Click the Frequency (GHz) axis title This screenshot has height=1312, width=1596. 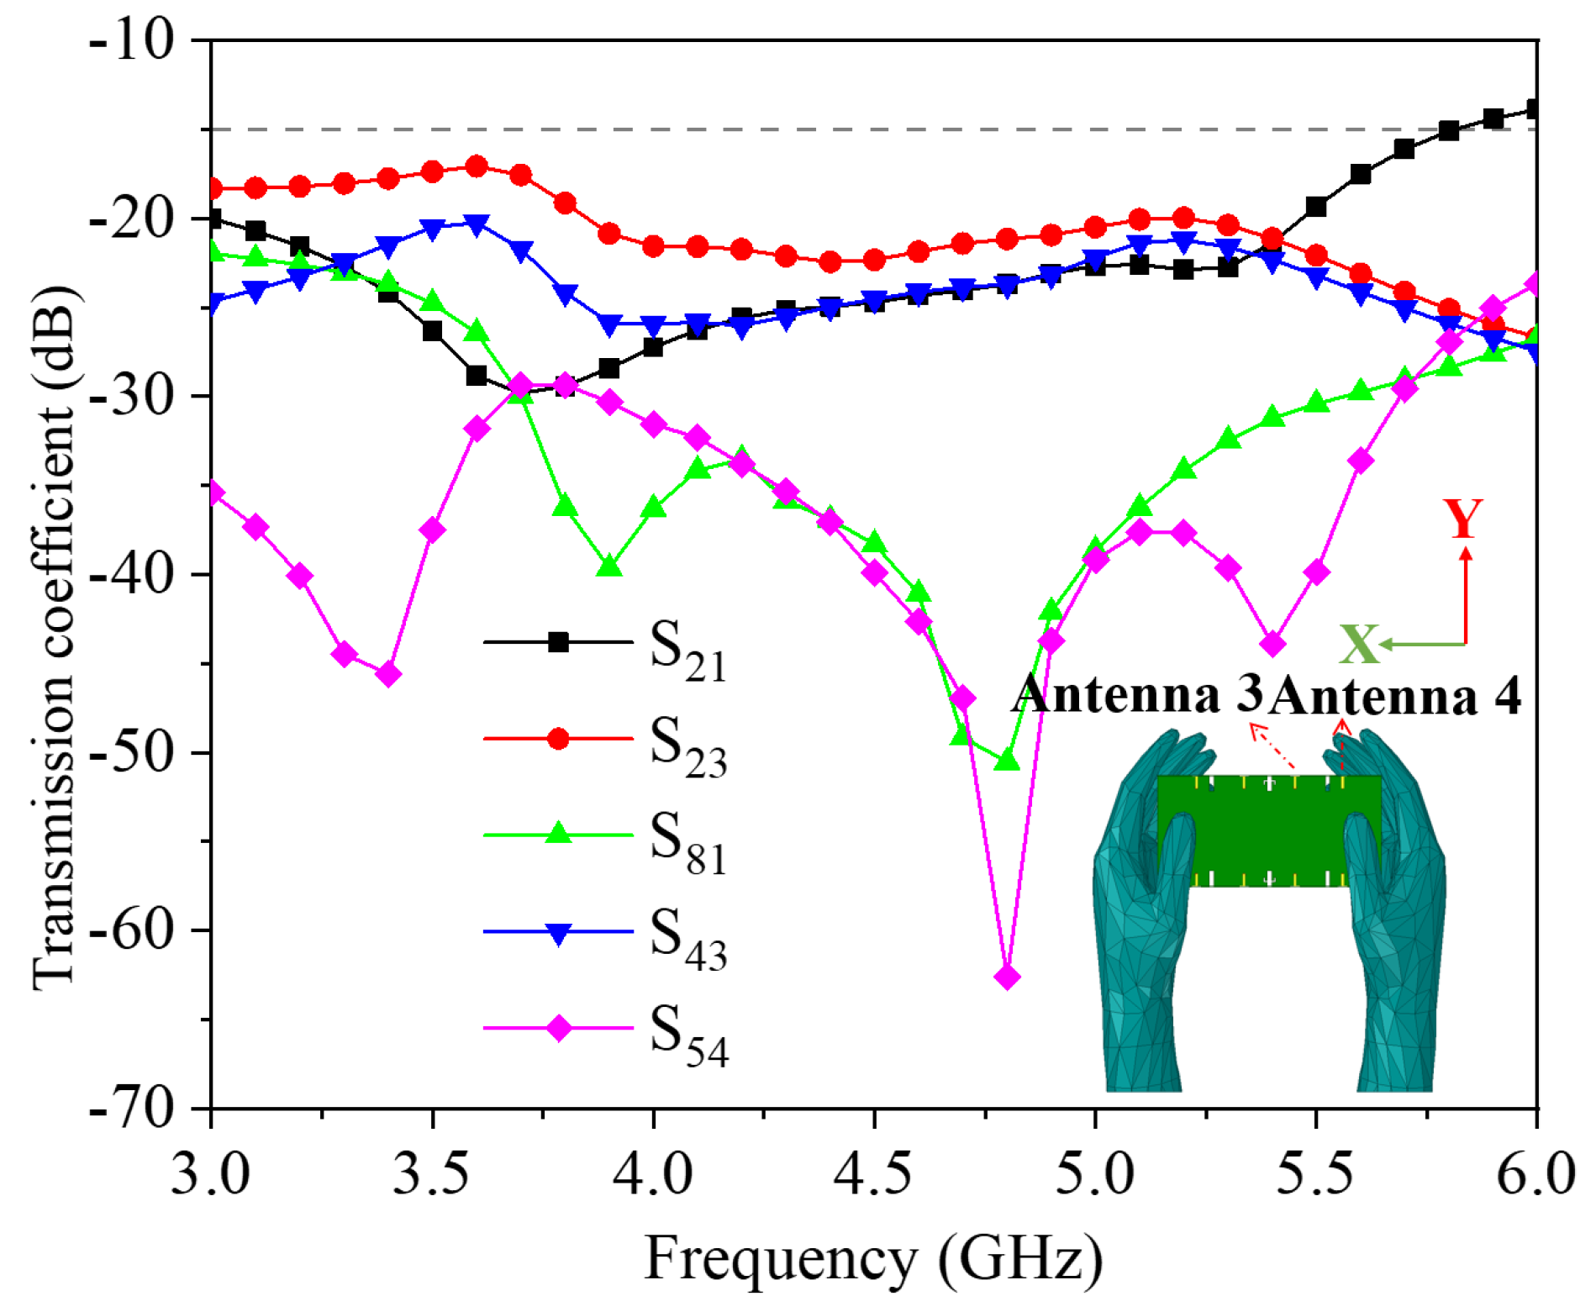[874, 1258]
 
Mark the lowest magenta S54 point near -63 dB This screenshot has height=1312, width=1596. [1007, 977]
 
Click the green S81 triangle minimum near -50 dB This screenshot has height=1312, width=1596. [1007, 761]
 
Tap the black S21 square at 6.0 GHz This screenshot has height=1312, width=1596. [1535, 108]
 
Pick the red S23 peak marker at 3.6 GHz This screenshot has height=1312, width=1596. [477, 166]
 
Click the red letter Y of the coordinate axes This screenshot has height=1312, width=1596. [1462, 519]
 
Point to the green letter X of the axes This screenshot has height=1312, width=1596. [1358, 645]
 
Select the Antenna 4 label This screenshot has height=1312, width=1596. [1395, 697]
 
